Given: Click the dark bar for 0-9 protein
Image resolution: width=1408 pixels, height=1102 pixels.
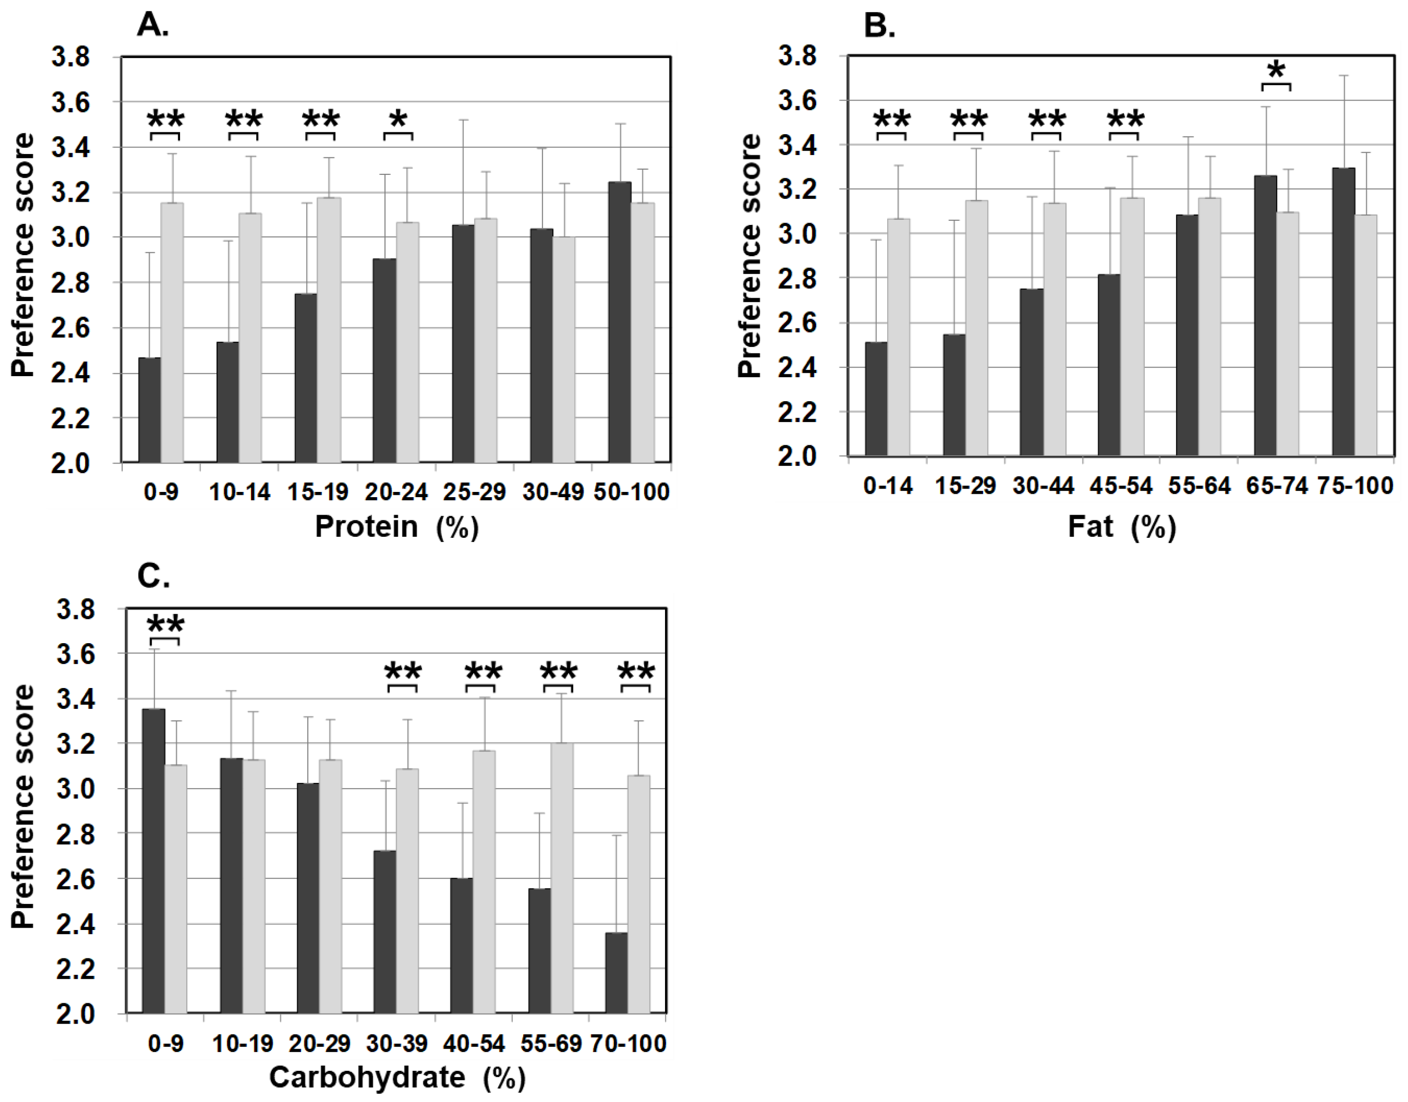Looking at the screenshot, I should coord(150,410).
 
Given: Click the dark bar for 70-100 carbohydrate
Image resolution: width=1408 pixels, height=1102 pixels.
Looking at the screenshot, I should coord(616,973).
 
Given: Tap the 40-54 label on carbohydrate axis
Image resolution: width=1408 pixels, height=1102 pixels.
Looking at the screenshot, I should coord(474,1044).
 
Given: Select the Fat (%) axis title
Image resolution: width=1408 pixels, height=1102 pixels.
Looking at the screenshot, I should coord(1122,527).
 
